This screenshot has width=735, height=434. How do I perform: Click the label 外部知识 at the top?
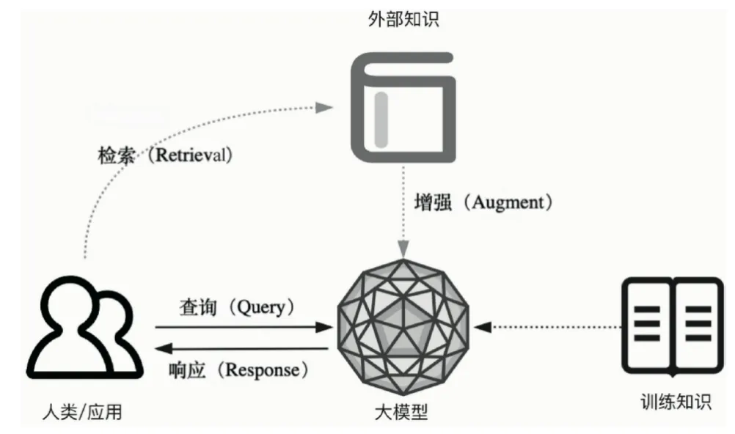pyautogui.click(x=403, y=20)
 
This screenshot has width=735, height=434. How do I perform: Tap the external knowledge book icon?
pyautogui.click(x=403, y=107)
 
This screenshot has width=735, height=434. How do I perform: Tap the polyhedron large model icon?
pyautogui.click(x=403, y=328)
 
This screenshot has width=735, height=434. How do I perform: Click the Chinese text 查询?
pyautogui.click(x=198, y=306)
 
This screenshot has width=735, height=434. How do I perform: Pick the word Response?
pyautogui.click(x=263, y=369)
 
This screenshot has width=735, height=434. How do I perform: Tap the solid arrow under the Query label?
pyautogui.click(x=242, y=327)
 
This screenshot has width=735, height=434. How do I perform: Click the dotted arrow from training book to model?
pyautogui.click(x=543, y=327)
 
